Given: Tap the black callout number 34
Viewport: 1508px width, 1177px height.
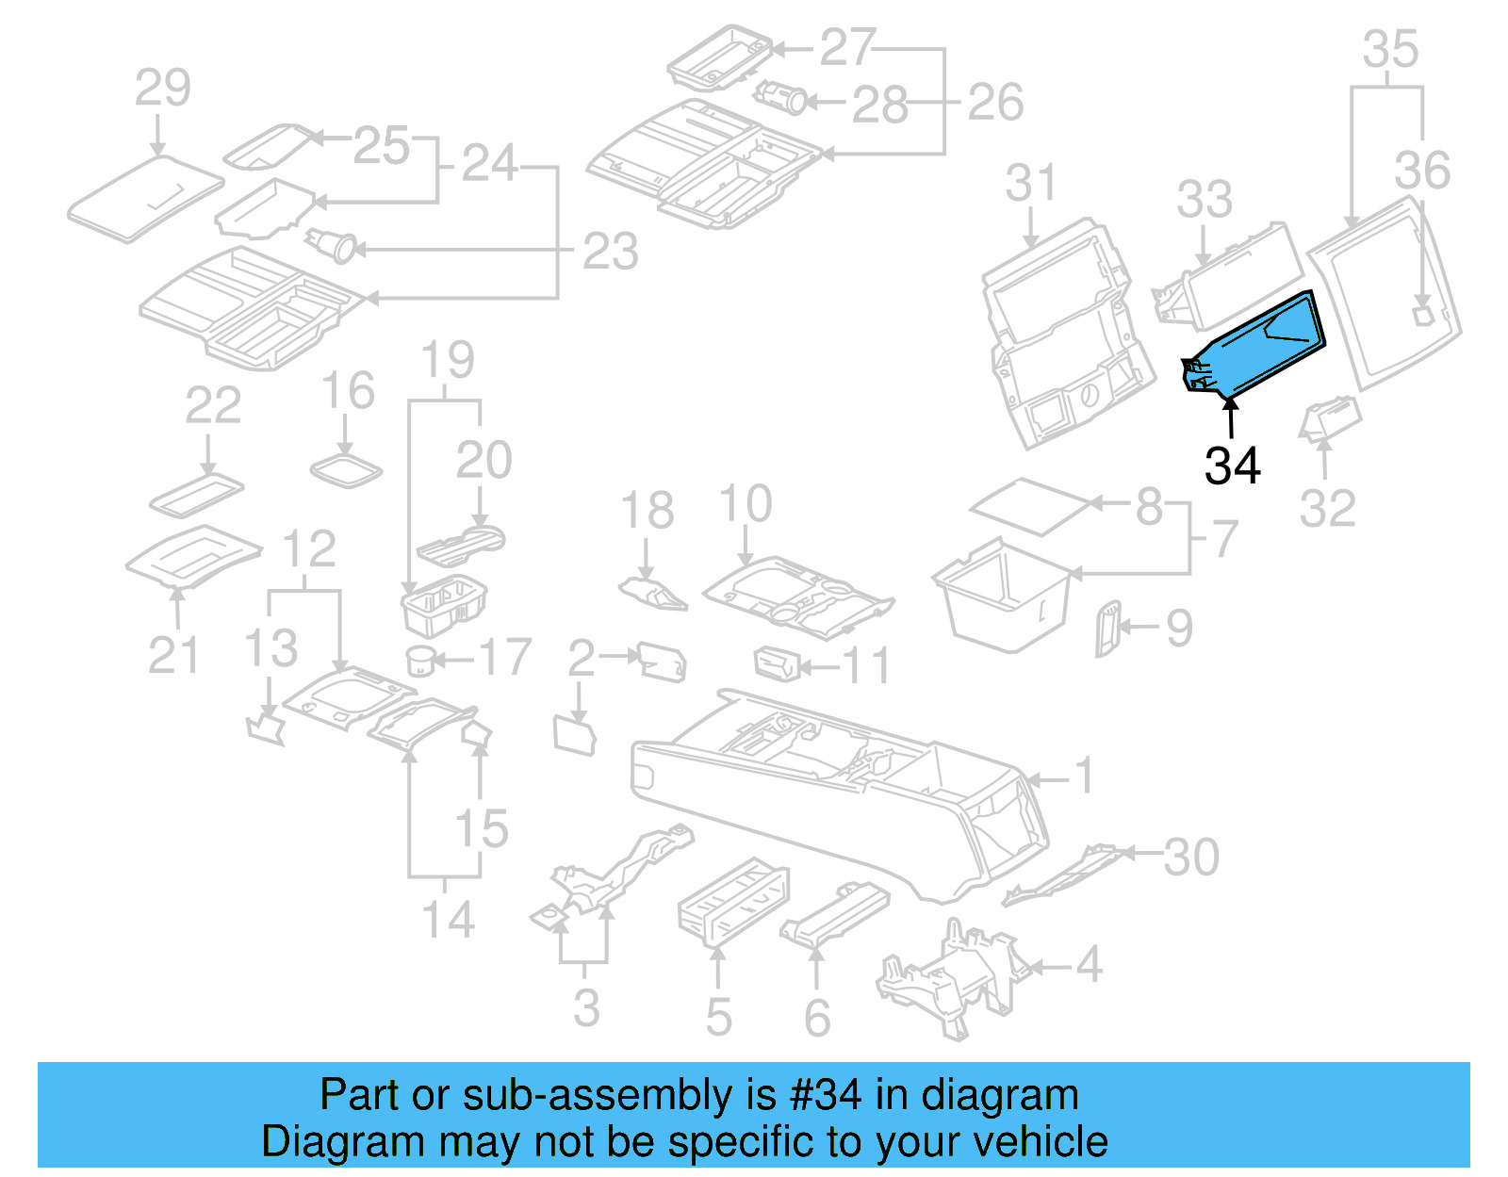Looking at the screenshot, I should click(x=1232, y=465).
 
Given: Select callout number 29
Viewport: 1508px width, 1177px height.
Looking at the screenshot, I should click(x=162, y=88).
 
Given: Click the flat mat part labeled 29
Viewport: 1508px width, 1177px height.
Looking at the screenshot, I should click(x=146, y=198).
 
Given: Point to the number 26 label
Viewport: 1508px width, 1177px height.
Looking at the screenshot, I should click(x=995, y=103).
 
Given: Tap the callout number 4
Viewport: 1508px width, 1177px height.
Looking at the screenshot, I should click(x=1089, y=964).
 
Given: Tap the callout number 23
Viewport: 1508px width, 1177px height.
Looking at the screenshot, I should click(x=610, y=252).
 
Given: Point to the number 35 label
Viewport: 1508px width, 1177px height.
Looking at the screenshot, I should click(x=1390, y=49).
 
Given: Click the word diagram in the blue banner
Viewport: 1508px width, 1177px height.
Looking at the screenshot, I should click(x=999, y=1095).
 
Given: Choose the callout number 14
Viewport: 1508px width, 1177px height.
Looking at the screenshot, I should click(x=447, y=919).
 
